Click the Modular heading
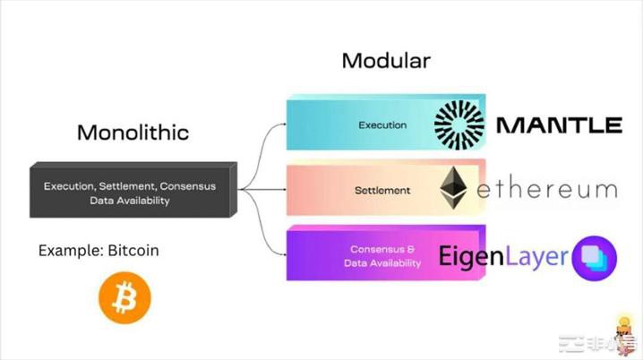point(386,62)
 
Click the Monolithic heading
point(133,133)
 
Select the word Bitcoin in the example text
point(132,251)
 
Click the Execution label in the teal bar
point(382,125)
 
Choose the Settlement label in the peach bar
point(382,190)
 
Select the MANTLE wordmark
point(558,124)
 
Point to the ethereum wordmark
point(547,190)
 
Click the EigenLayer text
point(503,257)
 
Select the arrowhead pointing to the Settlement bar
point(280,190)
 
